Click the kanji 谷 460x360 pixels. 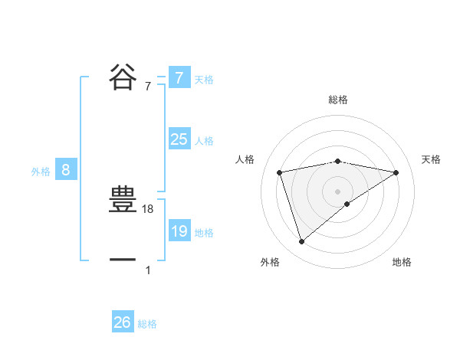123,77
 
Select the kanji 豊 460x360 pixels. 123,201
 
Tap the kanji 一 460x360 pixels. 123,260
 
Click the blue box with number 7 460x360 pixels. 179,77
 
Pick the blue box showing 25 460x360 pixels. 179,139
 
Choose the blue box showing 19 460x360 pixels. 179,231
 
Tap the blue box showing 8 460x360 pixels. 66,170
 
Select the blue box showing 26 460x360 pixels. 122,322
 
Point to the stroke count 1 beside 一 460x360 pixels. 148,270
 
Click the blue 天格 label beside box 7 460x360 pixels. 204,79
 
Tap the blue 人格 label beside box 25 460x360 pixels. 204,141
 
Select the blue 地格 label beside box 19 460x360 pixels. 204,233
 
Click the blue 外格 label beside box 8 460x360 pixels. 41,172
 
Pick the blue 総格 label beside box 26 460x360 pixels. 147,324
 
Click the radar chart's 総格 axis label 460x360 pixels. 337,100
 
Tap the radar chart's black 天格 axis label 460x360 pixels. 432,159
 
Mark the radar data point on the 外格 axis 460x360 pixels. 301,242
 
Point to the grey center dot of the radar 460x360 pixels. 337,191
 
